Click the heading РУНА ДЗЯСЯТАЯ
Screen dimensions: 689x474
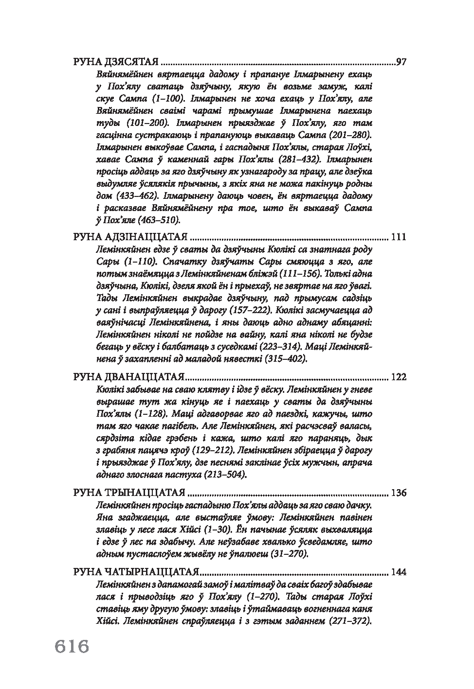click(x=116, y=62)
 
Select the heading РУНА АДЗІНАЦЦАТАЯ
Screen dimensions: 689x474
click(x=130, y=237)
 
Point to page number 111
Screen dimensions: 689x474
click(x=398, y=237)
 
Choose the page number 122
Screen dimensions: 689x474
click(x=398, y=377)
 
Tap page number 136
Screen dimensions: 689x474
click(x=398, y=493)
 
